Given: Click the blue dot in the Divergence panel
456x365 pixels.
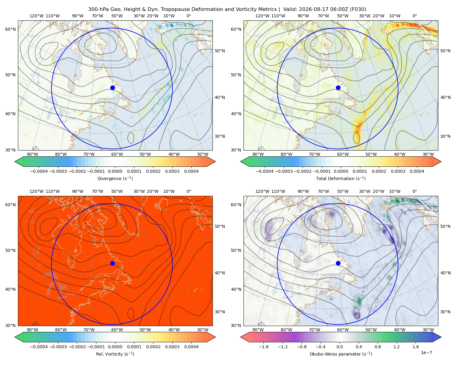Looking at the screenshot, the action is pyautogui.click(x=112, y=88).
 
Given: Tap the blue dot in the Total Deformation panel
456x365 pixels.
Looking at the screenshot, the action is pyautogui.click(x=338, y=88).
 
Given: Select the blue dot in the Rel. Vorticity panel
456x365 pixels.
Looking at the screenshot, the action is pyautogui.click(x=112, y=263).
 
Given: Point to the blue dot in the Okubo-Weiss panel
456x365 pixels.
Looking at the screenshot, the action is pyautogui.click(x=338, y=263).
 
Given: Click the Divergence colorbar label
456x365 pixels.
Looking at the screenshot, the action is pyautogui.click(x=115, y=178).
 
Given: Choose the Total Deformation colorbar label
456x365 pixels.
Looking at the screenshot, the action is pyautogui.click(x=341, y=178).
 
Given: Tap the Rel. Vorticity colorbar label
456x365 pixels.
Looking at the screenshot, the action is pyautogui.click(x=115, y=354).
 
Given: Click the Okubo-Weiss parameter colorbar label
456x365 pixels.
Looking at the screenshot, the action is pyautogui.click(x=341, y=354).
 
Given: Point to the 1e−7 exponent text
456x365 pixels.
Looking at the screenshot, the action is pyautogui.click(x=426, y=353).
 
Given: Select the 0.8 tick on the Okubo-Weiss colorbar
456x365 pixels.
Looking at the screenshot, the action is pyautogui.click(x=378, y=346).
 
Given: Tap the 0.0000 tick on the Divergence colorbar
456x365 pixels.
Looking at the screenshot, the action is pyautogui.click(x=115, y=171).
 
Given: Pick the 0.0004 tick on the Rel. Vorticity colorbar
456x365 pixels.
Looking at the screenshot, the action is pyautogui.click(x=191, y=346).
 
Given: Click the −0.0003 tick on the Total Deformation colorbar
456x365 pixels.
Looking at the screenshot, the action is pyautogui.click(x=284, y=171).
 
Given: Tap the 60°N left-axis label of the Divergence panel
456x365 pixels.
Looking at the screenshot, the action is pyautogui.click(x=10, y=29).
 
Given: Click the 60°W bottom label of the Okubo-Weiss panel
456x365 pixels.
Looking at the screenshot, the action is pyautogui.click(x=343, y=330).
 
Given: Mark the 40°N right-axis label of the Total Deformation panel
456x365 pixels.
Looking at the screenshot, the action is pyautogui.click(x=445, y=97).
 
